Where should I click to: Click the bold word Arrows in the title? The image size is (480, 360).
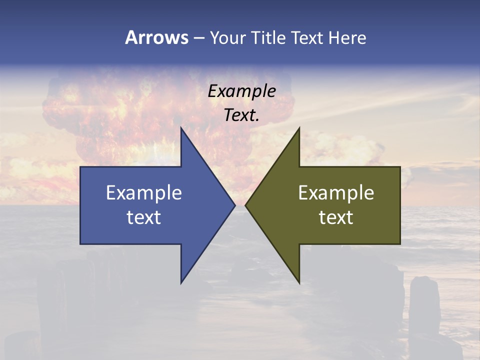pos(156,37)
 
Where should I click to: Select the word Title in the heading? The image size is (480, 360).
pos(269,37)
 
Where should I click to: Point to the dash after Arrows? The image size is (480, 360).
pos(198,38)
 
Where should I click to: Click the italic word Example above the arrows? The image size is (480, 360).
pos(242,91)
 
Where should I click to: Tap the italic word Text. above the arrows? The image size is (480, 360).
pos(242,115)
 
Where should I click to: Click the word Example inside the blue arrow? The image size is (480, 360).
pos(144,193)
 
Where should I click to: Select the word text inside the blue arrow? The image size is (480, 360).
pos(144,217)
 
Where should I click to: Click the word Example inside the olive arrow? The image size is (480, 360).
pos(336,193)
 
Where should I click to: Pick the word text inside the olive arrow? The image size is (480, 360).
pos(336,217)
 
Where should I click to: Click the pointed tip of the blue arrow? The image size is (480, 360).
pos(234,205)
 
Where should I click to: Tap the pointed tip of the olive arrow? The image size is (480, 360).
pos(245,205)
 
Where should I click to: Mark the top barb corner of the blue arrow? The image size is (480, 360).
pos(181,128)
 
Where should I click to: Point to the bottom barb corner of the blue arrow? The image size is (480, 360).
pos(181,283)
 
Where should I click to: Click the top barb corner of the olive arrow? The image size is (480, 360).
pos(299,128)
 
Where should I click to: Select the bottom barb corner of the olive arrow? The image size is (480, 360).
pos(299,283)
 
